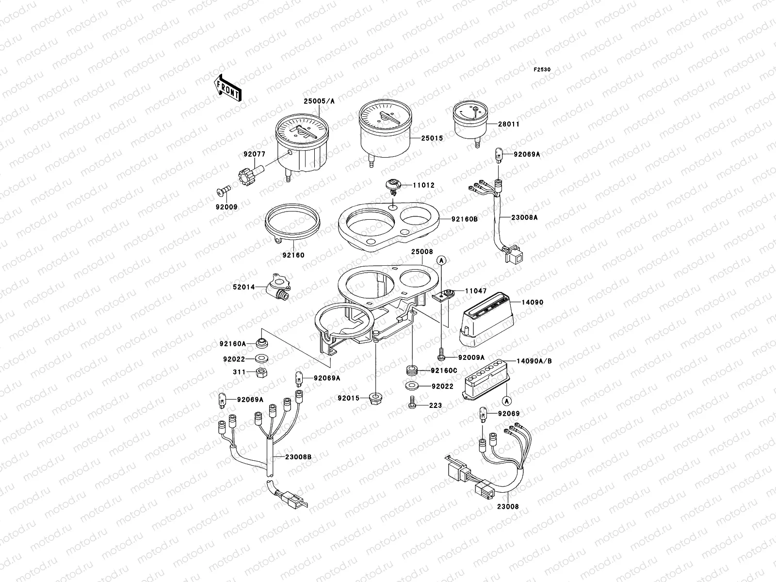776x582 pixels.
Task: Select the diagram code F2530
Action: point(543,70)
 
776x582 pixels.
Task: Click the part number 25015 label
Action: point(432,138)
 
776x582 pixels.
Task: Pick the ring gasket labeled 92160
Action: point(293,222)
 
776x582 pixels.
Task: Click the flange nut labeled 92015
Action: point(376,399)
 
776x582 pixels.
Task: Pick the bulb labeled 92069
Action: point(483,415)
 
